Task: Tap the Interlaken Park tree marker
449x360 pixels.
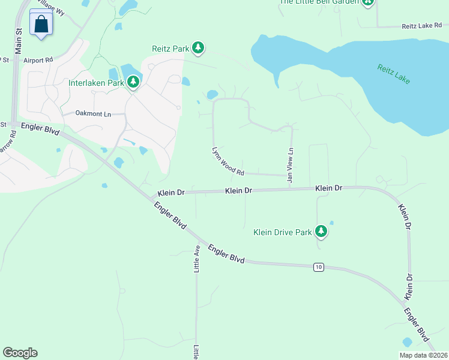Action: click(x=133, y=82)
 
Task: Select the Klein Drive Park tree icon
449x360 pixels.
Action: click(x=321, y=231)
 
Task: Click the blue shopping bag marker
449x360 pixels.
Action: click(x=41, y=24)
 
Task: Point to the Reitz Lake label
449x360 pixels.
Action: click(x=393, y=74)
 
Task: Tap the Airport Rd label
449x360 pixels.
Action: click(x=38, y=61)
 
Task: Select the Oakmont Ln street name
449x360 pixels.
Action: click(x=93, y=113)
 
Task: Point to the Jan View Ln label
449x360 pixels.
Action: click(x=291, y=165)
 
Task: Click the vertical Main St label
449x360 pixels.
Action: click(x=18, y=39)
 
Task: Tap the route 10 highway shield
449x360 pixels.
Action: click(x=318, y=266)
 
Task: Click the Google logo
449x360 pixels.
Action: click(x=20, y=353)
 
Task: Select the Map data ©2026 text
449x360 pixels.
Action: click(x=423, y=355)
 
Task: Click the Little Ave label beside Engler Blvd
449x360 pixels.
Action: click(x=196, y=259)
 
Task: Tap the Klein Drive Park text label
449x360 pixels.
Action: click(x=282, y=232)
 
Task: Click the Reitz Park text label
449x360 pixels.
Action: click(x=170, y=49)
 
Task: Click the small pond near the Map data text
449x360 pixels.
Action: click(x=408, y=342)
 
